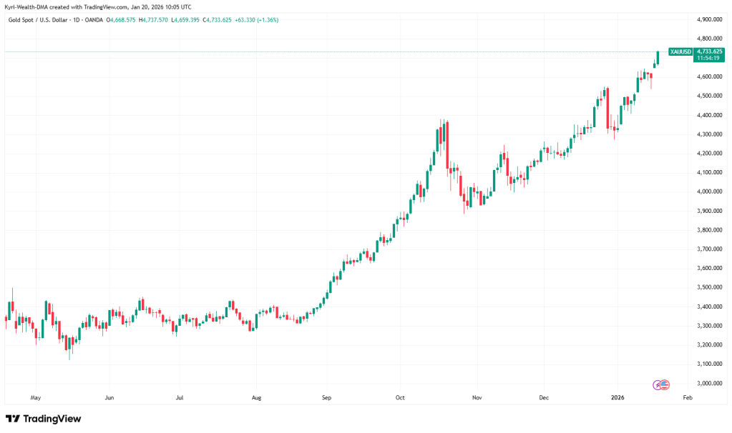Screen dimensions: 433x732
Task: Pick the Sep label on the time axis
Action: click(326, 397)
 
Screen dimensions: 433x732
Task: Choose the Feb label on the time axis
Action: click(688, 397)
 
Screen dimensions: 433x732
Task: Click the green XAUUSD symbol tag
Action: click(679, 51)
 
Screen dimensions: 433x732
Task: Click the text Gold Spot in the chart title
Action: click(19, 20)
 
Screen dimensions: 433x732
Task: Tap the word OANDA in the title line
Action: click(93, 20)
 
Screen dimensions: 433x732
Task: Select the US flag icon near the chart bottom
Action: click(665, 384)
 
